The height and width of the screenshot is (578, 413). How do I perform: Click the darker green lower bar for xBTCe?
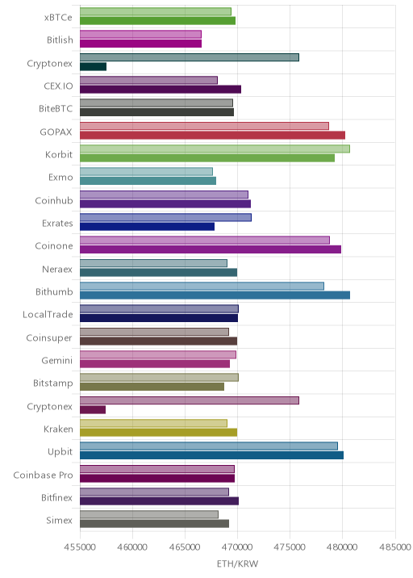click(157, 21)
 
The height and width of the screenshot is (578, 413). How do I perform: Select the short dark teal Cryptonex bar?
click(94, 66)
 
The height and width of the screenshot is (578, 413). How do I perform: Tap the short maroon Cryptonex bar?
click(93, 409)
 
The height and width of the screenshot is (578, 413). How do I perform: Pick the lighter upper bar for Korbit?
click(215, 149)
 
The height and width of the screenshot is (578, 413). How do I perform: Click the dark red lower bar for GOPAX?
click(213, 135)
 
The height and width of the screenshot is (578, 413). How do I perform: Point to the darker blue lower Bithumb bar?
click(215, 295)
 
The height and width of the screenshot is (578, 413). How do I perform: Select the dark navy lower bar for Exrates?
click(147, 226)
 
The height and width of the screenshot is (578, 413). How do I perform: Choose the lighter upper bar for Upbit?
click(209, 446)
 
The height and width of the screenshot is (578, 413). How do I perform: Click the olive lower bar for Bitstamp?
click(152, 387)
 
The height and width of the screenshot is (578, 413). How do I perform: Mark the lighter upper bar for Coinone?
click(205, 241)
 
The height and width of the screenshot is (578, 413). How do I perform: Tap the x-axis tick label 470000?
click(237, 547)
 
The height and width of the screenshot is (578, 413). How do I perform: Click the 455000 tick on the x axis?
click(80, 547)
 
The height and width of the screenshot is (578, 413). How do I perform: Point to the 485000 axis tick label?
click(395, 547)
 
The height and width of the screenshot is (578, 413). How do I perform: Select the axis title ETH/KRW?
click(238, 564)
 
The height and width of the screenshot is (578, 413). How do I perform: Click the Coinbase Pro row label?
click(43, 475)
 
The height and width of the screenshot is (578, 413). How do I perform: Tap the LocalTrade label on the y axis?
click(48, 315)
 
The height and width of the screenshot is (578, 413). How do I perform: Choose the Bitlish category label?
click(60, 40)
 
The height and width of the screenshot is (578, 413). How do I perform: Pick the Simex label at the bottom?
click(60, 521)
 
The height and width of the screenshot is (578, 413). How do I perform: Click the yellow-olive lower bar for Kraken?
click(158, 433)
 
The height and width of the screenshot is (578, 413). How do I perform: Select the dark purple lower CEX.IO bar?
click(161, 90)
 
